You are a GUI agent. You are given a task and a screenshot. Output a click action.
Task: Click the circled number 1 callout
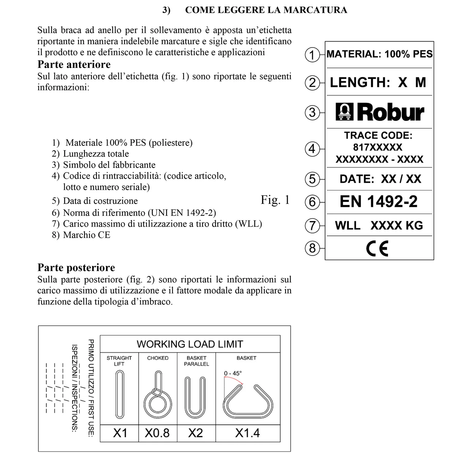[312, 55]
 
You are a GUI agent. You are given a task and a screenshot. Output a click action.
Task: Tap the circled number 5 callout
[312, 179]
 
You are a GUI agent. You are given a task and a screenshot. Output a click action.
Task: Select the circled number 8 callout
[312, 248]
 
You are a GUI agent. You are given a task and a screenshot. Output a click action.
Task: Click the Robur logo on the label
[380, 112]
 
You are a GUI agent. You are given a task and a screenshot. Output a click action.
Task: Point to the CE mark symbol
[377, 249]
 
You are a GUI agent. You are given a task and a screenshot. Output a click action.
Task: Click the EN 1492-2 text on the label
[378, 201]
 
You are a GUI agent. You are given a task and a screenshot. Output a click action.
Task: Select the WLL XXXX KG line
[379, 225]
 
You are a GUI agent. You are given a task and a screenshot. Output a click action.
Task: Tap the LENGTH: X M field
[378, 83]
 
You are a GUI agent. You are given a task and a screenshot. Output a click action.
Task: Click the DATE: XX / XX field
[380, 179]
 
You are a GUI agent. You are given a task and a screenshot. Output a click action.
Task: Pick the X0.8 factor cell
[157, 433]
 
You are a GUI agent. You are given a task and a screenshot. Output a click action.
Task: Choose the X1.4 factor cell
[248, 433]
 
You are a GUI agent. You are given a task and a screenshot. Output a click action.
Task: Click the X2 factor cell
[196, 433]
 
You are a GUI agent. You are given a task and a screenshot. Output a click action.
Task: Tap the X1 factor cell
[120, 433]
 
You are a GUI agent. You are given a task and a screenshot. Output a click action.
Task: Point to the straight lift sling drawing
[120, 394]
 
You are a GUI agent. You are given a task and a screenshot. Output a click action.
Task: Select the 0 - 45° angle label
[233, 373]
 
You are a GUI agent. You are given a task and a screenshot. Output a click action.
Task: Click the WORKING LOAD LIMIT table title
[190, 344]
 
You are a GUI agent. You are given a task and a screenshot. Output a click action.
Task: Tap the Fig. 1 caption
[275, 200]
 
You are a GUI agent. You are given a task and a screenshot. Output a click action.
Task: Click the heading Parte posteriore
[76, 268]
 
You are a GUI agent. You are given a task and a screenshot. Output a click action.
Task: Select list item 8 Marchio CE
[81, 235]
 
